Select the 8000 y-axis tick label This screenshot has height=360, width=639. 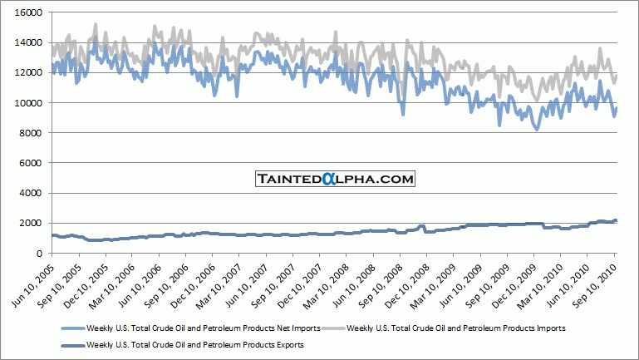[36, 133]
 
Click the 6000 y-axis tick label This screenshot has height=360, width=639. [36, 163]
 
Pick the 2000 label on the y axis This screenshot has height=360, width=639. [36, 223]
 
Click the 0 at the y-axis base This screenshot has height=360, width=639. [43, 253]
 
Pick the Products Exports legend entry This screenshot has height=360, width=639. [184, 344]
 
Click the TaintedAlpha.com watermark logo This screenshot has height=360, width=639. [334, 179]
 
